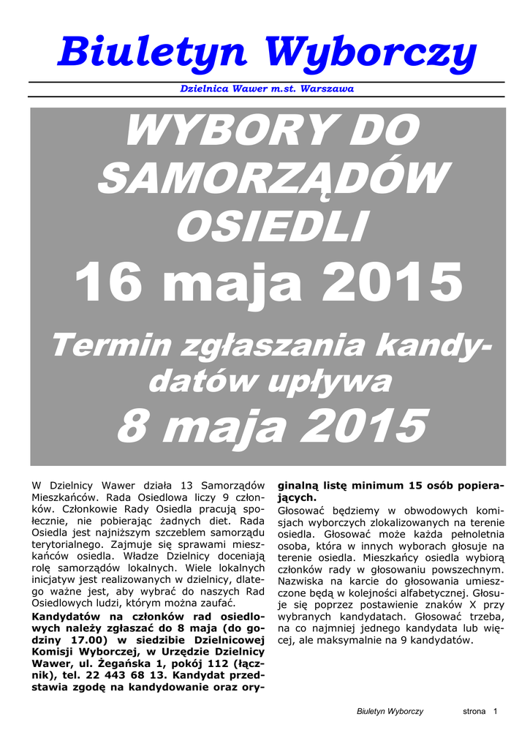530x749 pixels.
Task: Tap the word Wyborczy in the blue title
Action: (x=371, y=53)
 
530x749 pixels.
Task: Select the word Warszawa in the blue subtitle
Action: (x=327, y=89)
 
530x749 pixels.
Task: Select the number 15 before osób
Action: (x=417, y=486)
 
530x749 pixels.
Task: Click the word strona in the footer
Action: (x=474, y=712)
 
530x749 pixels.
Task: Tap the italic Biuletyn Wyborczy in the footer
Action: (x=390, y=712)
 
